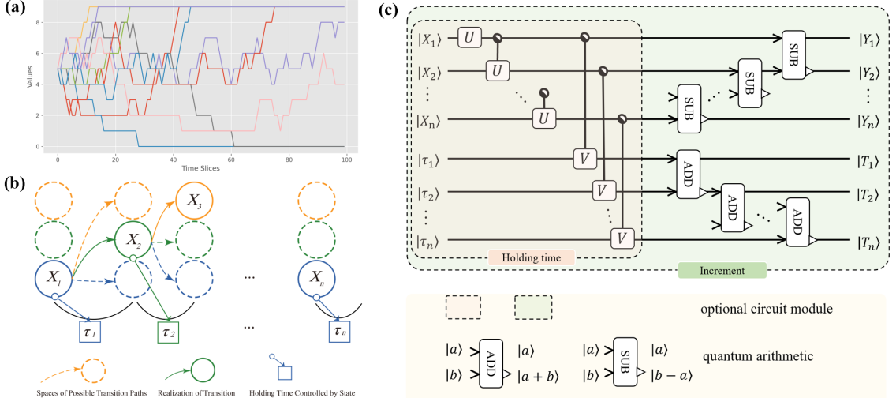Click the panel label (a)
13,11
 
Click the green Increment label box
722,270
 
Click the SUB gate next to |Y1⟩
792,50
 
